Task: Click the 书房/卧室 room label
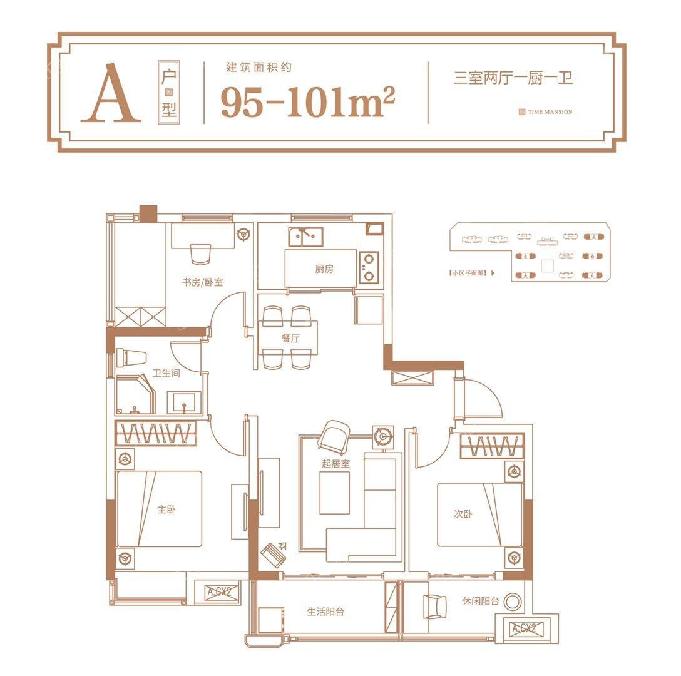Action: point(202,282)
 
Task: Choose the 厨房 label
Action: point(324,269)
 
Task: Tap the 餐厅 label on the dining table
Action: point(290,338)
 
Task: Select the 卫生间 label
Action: point(166,373)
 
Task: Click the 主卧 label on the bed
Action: point(166,510)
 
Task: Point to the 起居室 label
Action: point(335,464)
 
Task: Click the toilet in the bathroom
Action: point(131,358)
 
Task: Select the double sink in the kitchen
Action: point(305,237)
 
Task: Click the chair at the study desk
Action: point(200,254)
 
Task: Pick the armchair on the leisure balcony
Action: point(435,606)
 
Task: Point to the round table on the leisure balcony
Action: point(513,602)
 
